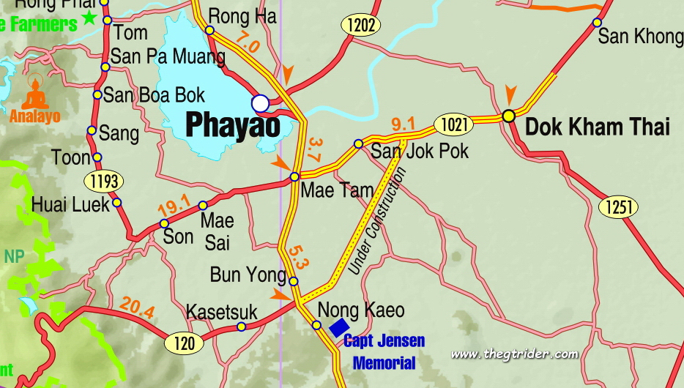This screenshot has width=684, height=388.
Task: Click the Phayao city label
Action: point(233,126)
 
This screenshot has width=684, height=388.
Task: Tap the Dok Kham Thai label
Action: point(598,127)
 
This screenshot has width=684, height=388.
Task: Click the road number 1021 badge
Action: point(453,125)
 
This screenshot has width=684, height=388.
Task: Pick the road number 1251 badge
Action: point(618,207)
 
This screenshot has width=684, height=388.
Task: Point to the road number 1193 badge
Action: point(103,180)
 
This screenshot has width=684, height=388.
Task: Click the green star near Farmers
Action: point(90,18)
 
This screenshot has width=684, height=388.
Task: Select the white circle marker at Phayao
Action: point(260,102)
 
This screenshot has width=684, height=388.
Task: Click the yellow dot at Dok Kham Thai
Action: point(508,116)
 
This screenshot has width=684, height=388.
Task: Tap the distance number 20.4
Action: point(138,308)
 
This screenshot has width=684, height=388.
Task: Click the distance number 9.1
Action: point(404,124)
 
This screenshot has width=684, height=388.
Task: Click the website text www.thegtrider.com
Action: point(514,354)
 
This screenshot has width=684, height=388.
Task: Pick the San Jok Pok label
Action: point(420,152)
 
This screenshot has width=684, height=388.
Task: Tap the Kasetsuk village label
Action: point(222,313)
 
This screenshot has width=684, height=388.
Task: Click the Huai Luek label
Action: point(70,204)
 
